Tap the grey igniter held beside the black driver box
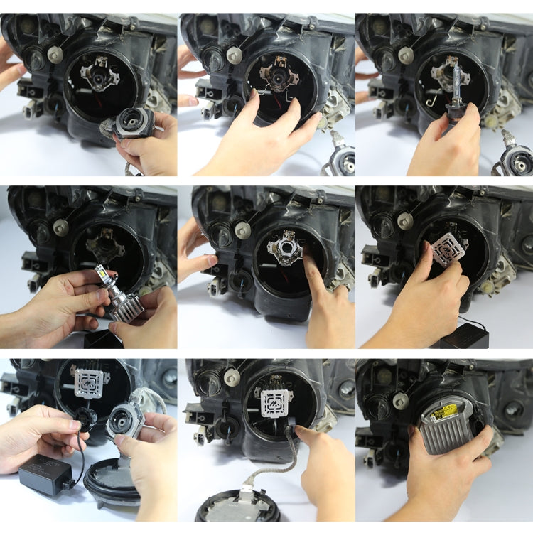coord(126,426)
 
